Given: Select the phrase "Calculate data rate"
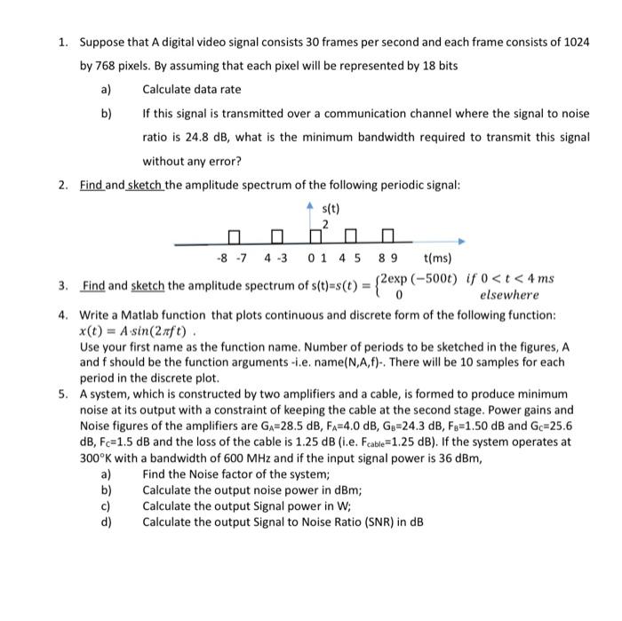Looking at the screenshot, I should (191, 90).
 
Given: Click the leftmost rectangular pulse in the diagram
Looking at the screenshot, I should (235, 237).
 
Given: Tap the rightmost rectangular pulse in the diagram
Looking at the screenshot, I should (387, 237).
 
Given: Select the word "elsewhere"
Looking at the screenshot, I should (508, 295).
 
